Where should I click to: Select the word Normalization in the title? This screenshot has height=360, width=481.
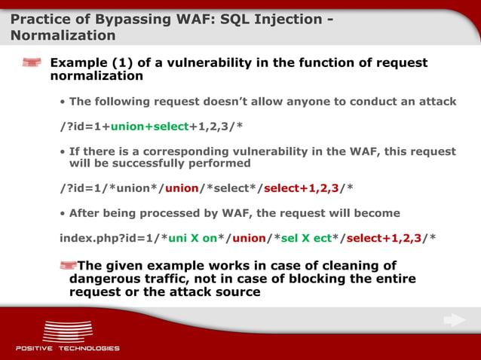tap(63, 35)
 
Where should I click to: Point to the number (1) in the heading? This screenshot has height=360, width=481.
tap(124, 63)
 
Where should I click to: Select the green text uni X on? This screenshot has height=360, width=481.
tap(192, 238)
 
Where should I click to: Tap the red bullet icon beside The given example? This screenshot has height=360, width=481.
tap(68, 264)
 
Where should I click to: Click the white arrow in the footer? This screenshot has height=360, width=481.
tap(454, 321)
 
